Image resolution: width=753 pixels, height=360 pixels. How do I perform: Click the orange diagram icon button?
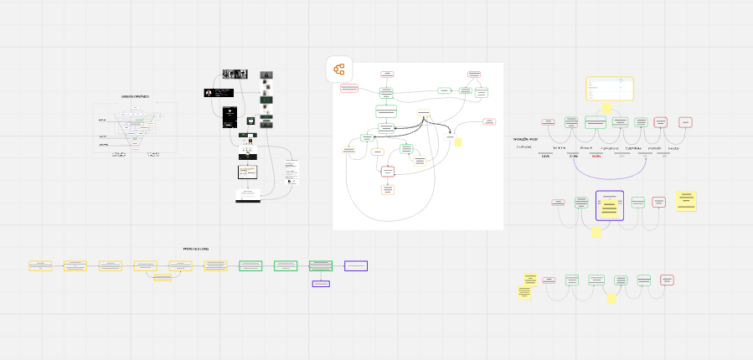click(339, 70)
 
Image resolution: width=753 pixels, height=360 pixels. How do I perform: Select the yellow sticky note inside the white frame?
click(458, 142)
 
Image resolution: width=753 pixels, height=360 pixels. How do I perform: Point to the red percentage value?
click(596, 157)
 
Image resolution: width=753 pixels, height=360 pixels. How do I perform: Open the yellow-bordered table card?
click(610, 89)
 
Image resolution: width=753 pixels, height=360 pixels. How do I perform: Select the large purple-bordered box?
click(610, 205)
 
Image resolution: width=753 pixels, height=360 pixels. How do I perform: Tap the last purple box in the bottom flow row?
click(356, 265)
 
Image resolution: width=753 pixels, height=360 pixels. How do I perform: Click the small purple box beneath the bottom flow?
click(321, 284)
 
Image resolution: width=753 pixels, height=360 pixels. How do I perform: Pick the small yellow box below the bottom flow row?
click(162, 277)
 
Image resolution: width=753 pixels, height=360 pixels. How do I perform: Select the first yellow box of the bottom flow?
click(40, 265)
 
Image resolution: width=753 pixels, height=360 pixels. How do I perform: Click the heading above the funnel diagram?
click(135, 96)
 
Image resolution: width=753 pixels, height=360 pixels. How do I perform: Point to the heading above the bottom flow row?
click(196, 249)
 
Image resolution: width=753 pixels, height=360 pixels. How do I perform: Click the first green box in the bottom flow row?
click(250, 265)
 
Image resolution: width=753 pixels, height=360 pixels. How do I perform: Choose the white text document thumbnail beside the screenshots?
click(292, 170)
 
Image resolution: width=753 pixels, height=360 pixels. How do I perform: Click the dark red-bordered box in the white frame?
click(387, 172)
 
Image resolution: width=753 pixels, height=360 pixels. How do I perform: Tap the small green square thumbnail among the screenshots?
click(249, 121)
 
